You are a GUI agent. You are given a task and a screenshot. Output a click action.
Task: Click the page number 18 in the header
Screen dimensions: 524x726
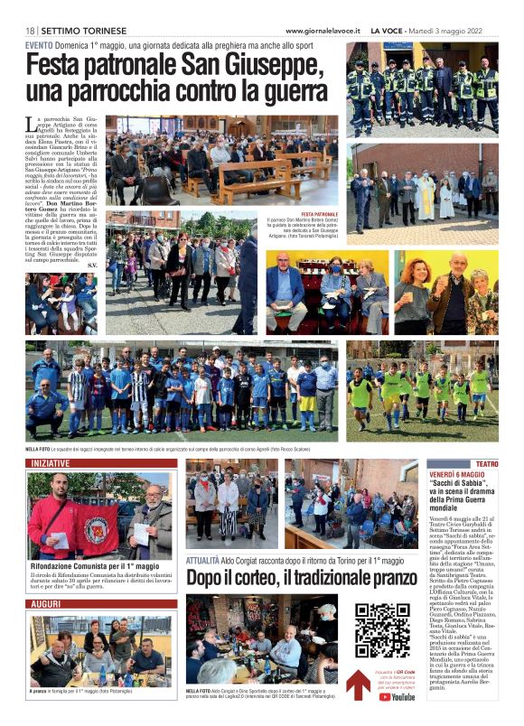30,30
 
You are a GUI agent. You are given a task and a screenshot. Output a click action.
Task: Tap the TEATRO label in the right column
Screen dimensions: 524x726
486,463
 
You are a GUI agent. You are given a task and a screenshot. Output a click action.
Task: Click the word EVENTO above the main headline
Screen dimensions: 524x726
39,45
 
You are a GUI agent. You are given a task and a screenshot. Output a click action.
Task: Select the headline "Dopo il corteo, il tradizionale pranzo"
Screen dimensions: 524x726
302,576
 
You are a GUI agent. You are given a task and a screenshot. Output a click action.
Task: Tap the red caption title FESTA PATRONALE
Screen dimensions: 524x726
314,214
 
